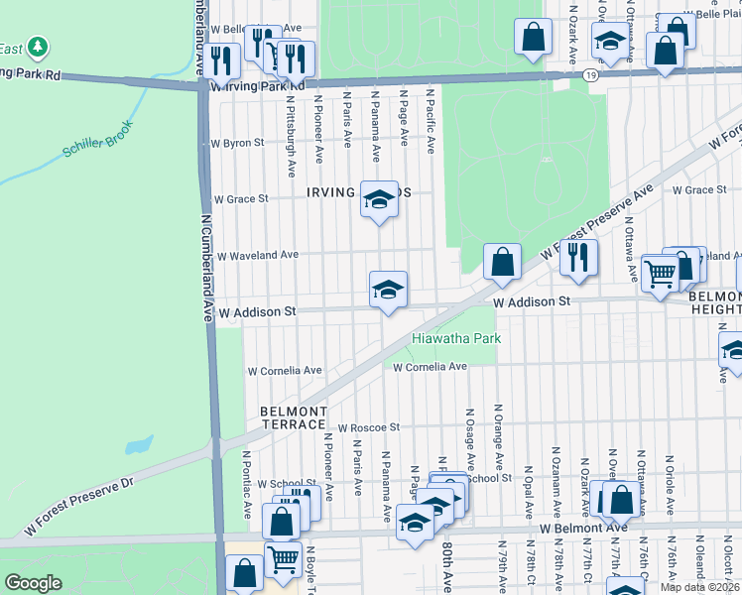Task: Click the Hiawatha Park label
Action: tap(456, 338)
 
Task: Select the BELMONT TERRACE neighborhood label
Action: tap(293, 417)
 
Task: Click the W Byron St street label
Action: tap(237, 143)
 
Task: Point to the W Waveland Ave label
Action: tap(258, 255)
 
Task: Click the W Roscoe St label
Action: tap(367, 427)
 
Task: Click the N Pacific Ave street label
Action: tap(431, 120)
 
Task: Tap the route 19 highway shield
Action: tap(591, 74)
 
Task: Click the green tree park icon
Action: tap(37, 47)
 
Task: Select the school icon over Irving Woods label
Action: tap(378, 200)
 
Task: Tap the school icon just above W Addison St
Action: tap(388, 290)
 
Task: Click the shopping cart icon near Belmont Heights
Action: tap(660, 272)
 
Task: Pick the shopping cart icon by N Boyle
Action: tap(284, 558)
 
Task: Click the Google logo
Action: tap(34, 583)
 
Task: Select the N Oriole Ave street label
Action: tap(670, 484)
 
